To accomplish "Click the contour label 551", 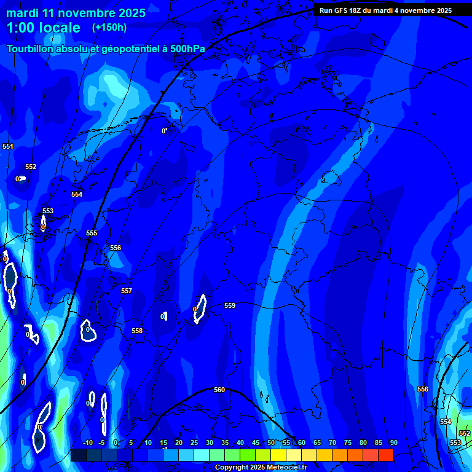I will (8, 146).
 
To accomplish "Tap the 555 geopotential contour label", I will (92, 233).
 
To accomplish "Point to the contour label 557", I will (127, 291).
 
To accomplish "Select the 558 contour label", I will (137, 331).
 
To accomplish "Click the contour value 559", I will (230, 305).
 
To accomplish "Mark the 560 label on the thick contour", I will (219, 390).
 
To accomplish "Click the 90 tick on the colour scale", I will (393, 442).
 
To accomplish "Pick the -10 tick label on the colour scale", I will (88, 442).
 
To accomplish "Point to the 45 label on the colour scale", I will (256, 442).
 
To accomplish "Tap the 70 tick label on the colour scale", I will (332, 442).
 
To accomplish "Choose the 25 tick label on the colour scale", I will (194, 442).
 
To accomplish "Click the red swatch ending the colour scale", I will (385, 455).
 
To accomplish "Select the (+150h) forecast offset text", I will (109, 27).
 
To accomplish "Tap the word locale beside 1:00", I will (57, 28).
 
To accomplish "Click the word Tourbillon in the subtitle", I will (30, 49).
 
